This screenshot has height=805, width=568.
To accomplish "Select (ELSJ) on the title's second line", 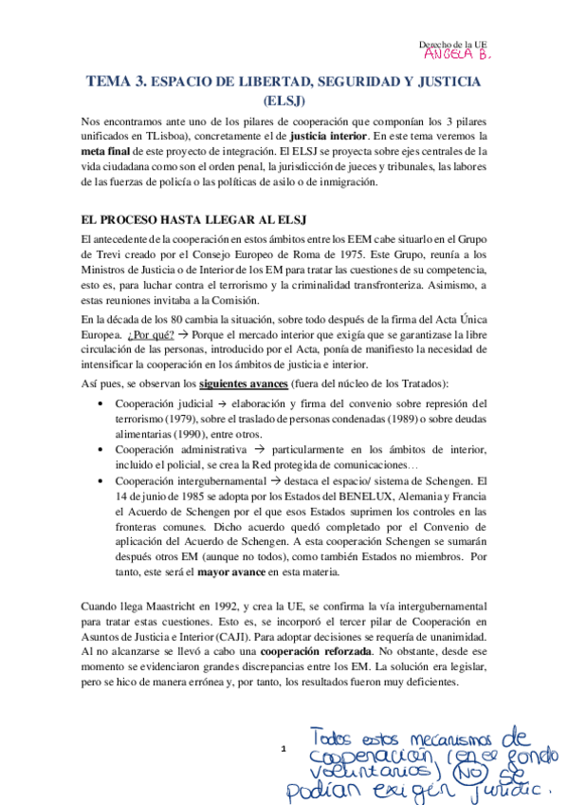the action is (x=284, y=101).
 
